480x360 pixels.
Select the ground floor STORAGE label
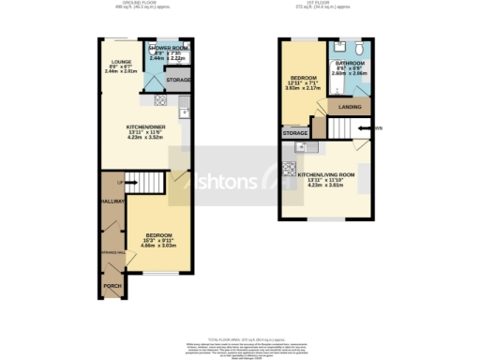179,81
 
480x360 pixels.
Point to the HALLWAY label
114,201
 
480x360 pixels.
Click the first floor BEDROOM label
303,77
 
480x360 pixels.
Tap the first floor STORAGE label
293,134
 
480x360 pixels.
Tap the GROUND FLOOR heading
142,5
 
